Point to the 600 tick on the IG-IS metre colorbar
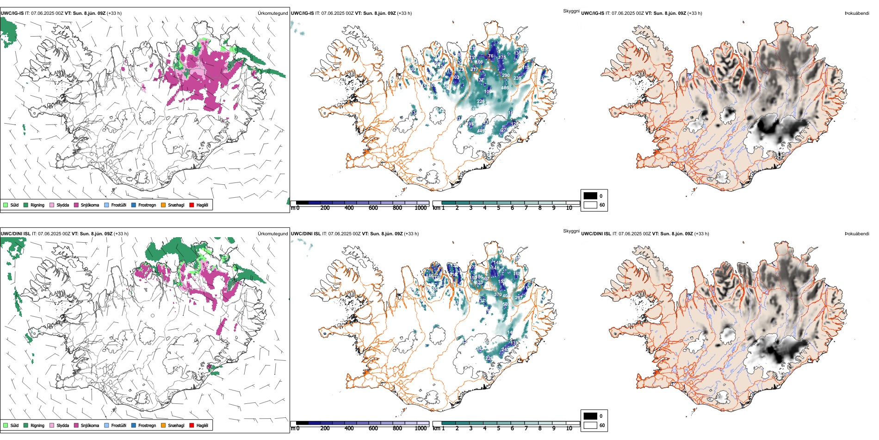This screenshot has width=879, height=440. point(373,208)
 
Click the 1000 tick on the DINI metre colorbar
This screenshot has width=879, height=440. point(421,428)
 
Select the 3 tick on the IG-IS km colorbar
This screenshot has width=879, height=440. point(471,208)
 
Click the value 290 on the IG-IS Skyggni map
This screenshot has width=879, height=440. point(506,75)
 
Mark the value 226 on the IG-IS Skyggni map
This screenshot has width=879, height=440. point(481,101)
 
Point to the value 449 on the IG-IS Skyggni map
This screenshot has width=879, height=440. point(481,131)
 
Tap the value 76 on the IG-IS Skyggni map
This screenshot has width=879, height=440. point(491,56)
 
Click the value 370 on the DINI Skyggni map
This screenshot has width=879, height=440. point(498,295)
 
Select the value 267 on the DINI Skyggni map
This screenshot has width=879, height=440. point(519,298)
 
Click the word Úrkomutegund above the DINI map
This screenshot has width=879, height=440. point(272,234)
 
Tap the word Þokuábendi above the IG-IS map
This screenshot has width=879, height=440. point(857,13)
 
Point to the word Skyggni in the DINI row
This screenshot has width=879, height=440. point(571,231)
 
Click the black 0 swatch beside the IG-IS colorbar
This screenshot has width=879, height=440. point(590,196)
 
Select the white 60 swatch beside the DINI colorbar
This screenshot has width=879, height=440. point(590,425)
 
